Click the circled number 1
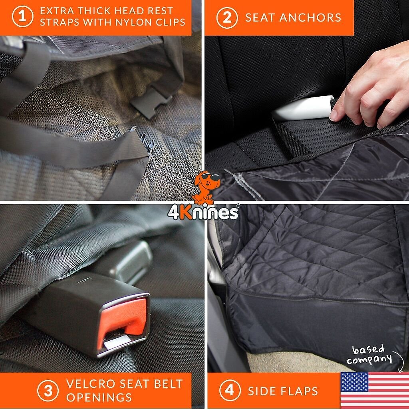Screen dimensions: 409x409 (x=23, y=16)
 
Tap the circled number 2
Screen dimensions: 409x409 (x=227, y=18)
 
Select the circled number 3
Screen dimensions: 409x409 (x=48, y=391)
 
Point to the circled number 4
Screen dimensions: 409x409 (x=230, y=391)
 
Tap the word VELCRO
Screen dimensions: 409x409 (x=91, y=384)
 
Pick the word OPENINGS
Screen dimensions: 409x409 (x=99, y=397)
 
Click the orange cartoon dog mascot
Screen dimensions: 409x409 (x=206, y=187)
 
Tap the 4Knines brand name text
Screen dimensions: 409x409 (x=203, y=212)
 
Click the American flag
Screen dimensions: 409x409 (x=375, y=390)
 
